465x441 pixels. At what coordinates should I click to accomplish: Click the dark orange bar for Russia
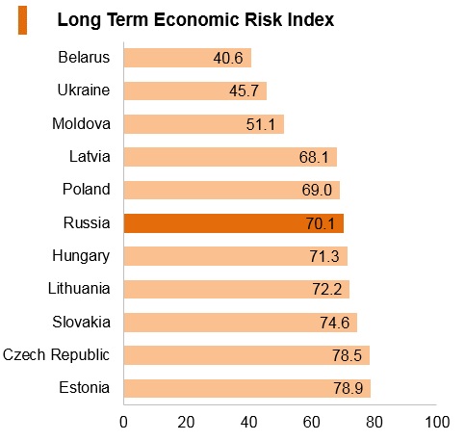(x=234, y=223)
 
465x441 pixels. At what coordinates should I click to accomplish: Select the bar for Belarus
(x=188, y=58)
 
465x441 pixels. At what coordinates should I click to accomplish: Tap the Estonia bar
(x=247, y=388)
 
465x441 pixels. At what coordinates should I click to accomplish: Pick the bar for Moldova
(x=204, y=124)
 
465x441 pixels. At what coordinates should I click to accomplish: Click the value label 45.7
(x=244, y=91)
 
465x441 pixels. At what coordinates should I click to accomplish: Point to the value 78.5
(x=347, y=355)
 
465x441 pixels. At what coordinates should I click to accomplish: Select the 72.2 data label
(x=327, y=289)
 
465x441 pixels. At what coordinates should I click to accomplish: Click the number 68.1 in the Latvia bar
(x=314, y=157)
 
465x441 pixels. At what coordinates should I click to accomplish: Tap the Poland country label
(x=87, y=189)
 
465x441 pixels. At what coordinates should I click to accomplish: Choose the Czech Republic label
(x=56, y=355)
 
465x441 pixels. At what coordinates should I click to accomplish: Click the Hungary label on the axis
(x=81, y=256)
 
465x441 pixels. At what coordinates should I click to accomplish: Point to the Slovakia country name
(x=82, y=322)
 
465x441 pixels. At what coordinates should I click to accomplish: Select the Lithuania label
(x=79, y=288)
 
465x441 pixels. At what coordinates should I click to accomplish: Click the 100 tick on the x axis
(x=437, y=422)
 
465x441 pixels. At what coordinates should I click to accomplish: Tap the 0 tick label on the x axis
(x=123, y=422)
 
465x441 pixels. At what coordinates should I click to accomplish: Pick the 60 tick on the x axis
(x=311, y=422)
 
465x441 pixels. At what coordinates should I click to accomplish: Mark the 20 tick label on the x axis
(x=186, y=422)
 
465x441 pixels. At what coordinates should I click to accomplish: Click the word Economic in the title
(x=196, y=20)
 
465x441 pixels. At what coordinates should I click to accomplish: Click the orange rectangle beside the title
(x=22, y=20)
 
